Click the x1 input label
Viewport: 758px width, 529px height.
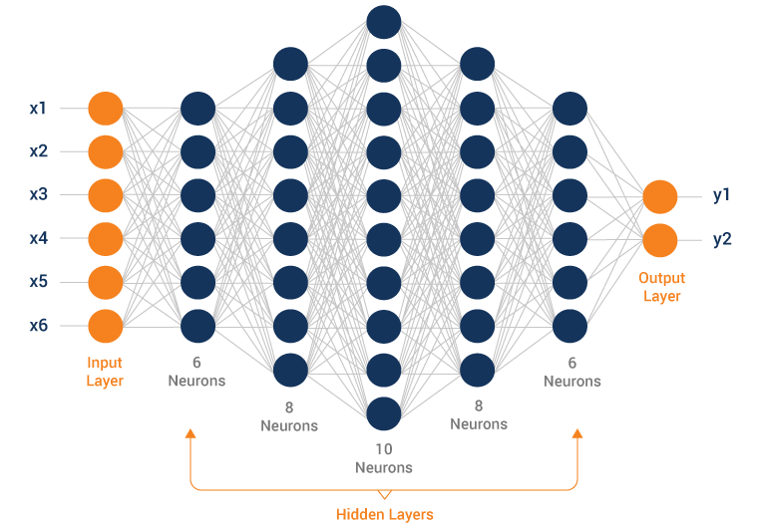coord(38,108)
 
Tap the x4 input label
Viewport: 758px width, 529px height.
coord(38,238)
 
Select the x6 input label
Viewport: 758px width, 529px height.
coord(38,326)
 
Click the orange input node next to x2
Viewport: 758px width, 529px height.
coord(106,151)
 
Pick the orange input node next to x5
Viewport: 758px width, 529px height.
coord(106,282)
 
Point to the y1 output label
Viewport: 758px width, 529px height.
coord(722,196)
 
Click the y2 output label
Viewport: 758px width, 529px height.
coord(722,240)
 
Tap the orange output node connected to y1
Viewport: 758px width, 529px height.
coord(660,196)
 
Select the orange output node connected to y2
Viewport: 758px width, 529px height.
coord(660,240)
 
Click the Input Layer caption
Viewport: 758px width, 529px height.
coord(105,372)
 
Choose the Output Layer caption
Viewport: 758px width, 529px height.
coord(660,287)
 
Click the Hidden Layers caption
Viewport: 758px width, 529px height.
coord(384,514)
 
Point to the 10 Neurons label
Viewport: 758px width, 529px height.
coord(384,458)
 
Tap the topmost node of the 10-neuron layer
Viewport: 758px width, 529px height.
coord(384,21)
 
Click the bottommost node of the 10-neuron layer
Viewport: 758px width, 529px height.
coord(384,411)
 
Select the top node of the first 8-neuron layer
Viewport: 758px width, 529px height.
coord(290,64)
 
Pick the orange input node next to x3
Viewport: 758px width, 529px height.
coord(106,195)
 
